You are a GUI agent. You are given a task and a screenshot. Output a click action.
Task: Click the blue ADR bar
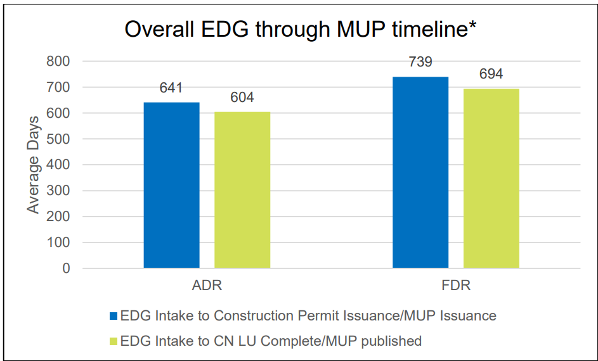171,185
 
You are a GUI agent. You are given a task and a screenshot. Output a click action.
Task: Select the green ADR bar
242,190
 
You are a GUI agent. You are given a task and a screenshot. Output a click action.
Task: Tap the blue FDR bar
420,172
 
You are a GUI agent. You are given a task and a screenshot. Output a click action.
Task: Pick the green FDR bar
491,178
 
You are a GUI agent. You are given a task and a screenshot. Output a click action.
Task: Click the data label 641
171,89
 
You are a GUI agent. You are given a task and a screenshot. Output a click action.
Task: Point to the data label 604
242,98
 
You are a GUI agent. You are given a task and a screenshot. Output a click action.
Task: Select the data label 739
420,62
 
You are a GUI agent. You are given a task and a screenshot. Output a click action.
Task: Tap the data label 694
491,74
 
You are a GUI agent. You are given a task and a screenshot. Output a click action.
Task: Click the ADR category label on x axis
207,286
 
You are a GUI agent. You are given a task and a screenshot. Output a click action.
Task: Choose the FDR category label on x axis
455,286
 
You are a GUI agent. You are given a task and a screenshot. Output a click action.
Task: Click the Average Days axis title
33,165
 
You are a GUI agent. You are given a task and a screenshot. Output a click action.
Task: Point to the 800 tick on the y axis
58,61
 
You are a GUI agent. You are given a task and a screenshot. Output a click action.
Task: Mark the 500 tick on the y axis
58,139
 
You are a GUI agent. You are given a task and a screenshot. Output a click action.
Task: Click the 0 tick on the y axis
66,269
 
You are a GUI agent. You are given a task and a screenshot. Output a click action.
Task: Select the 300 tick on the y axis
58,191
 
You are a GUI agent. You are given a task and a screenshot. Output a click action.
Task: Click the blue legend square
114,315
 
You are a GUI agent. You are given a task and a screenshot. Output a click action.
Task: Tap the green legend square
114,341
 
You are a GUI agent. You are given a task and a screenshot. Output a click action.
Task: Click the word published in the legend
391,341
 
